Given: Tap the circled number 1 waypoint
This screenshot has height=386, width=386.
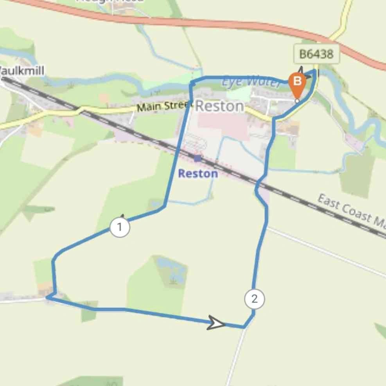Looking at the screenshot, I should (120, 227).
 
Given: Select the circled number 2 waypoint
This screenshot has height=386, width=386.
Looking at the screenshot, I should (255, 299).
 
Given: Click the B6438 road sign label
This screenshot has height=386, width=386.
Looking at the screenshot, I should (316, 54).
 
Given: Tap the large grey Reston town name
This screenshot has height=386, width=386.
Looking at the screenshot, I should (219, 106).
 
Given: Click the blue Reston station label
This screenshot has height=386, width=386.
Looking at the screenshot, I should (198, 173).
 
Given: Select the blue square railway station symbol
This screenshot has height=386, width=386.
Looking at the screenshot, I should (197, 158).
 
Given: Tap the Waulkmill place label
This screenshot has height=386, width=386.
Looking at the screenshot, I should (22, 71).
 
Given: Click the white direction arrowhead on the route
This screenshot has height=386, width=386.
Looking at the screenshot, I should (216, 323).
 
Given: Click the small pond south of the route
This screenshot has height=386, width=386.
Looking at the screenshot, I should (171, 270).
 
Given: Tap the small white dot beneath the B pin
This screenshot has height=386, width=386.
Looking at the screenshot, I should (297, 101).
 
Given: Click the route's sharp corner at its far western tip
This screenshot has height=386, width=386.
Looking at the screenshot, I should (47, 297).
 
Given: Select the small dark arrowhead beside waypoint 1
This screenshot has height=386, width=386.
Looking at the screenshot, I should (122, 216).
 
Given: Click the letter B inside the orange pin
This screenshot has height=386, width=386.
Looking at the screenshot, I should (297, 81).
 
